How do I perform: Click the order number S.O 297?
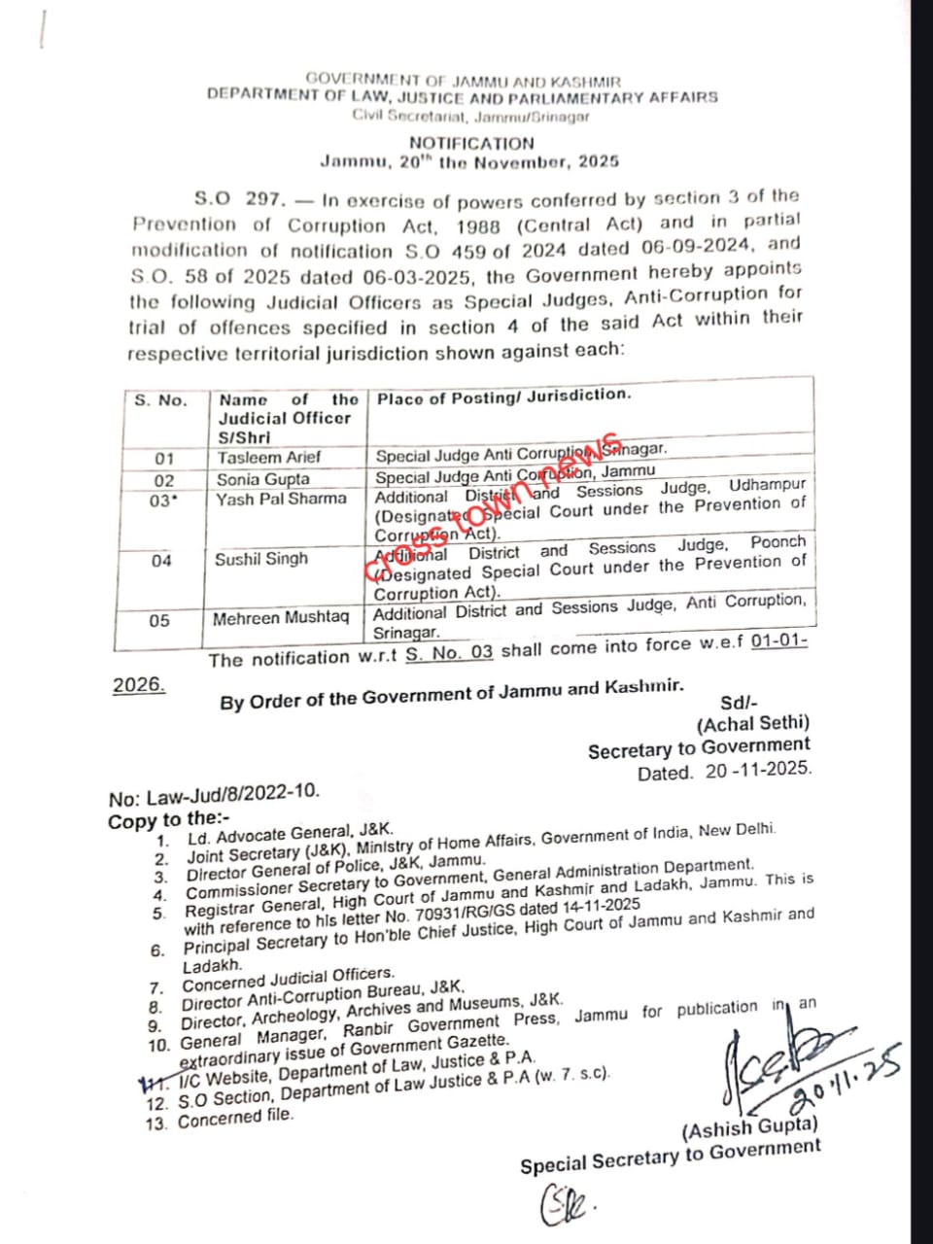click(239, 199)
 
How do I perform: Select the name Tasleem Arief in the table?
click(269, 457)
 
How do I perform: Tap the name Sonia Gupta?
click(262, 479)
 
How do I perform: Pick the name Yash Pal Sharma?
click(281, 499)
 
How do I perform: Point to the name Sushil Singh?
click(260, 559)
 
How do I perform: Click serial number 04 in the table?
click(161, 560)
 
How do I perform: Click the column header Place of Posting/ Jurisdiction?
click(503, 397)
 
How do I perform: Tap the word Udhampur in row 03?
click(767, 484)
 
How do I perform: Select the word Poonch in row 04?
click(777, 542)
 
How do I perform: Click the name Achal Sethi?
click(752, 723)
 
